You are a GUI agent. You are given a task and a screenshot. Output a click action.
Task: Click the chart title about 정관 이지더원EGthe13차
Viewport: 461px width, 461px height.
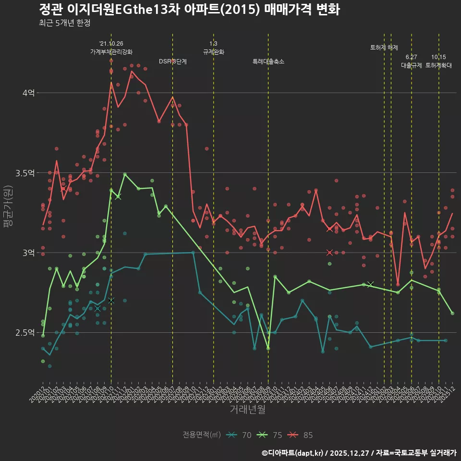click(x=189, y=10)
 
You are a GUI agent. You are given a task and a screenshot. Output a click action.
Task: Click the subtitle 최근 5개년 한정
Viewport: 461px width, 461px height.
click(x=64, y=23)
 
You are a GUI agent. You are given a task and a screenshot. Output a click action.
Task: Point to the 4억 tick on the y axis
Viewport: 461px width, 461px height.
click(x=28, y=93)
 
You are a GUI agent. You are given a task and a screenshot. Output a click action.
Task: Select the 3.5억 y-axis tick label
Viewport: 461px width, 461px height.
click(x=25, y=173)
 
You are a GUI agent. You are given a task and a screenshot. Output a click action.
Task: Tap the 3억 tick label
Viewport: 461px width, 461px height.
click(x=28, y=253)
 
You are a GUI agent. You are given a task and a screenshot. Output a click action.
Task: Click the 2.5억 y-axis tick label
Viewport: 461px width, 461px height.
click(x=25, y=332)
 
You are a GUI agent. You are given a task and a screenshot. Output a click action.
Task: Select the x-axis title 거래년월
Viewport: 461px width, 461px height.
click(x=247, y=409)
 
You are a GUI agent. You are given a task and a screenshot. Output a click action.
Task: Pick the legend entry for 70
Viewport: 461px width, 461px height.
click(x=240, y=435)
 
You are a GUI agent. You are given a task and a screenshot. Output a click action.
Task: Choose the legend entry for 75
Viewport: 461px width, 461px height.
click(x=270, y=435)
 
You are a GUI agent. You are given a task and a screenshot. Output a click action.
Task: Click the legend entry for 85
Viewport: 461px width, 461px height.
click(x=301, y=435)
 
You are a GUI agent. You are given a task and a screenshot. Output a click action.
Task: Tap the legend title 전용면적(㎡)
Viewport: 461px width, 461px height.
click(x=202, y=435)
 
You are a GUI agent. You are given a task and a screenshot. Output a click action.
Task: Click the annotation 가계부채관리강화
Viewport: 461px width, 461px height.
click(x=111, y=52)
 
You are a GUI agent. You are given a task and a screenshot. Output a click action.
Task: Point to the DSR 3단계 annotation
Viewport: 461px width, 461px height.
click(x=173, y=61)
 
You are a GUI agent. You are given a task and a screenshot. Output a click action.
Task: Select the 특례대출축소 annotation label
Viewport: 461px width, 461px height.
click(x=268, y=61)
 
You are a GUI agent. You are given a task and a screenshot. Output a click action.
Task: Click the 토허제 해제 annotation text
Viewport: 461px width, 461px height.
click(x=384, y=48)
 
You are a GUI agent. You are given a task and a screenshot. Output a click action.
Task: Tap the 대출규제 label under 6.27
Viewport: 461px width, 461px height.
click(x=412, y=65)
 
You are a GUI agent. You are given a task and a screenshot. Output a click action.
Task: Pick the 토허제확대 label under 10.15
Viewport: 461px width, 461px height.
click(x=438, y=65)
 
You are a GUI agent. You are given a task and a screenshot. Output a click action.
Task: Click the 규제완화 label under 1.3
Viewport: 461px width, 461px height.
click(x=214, y=52)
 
